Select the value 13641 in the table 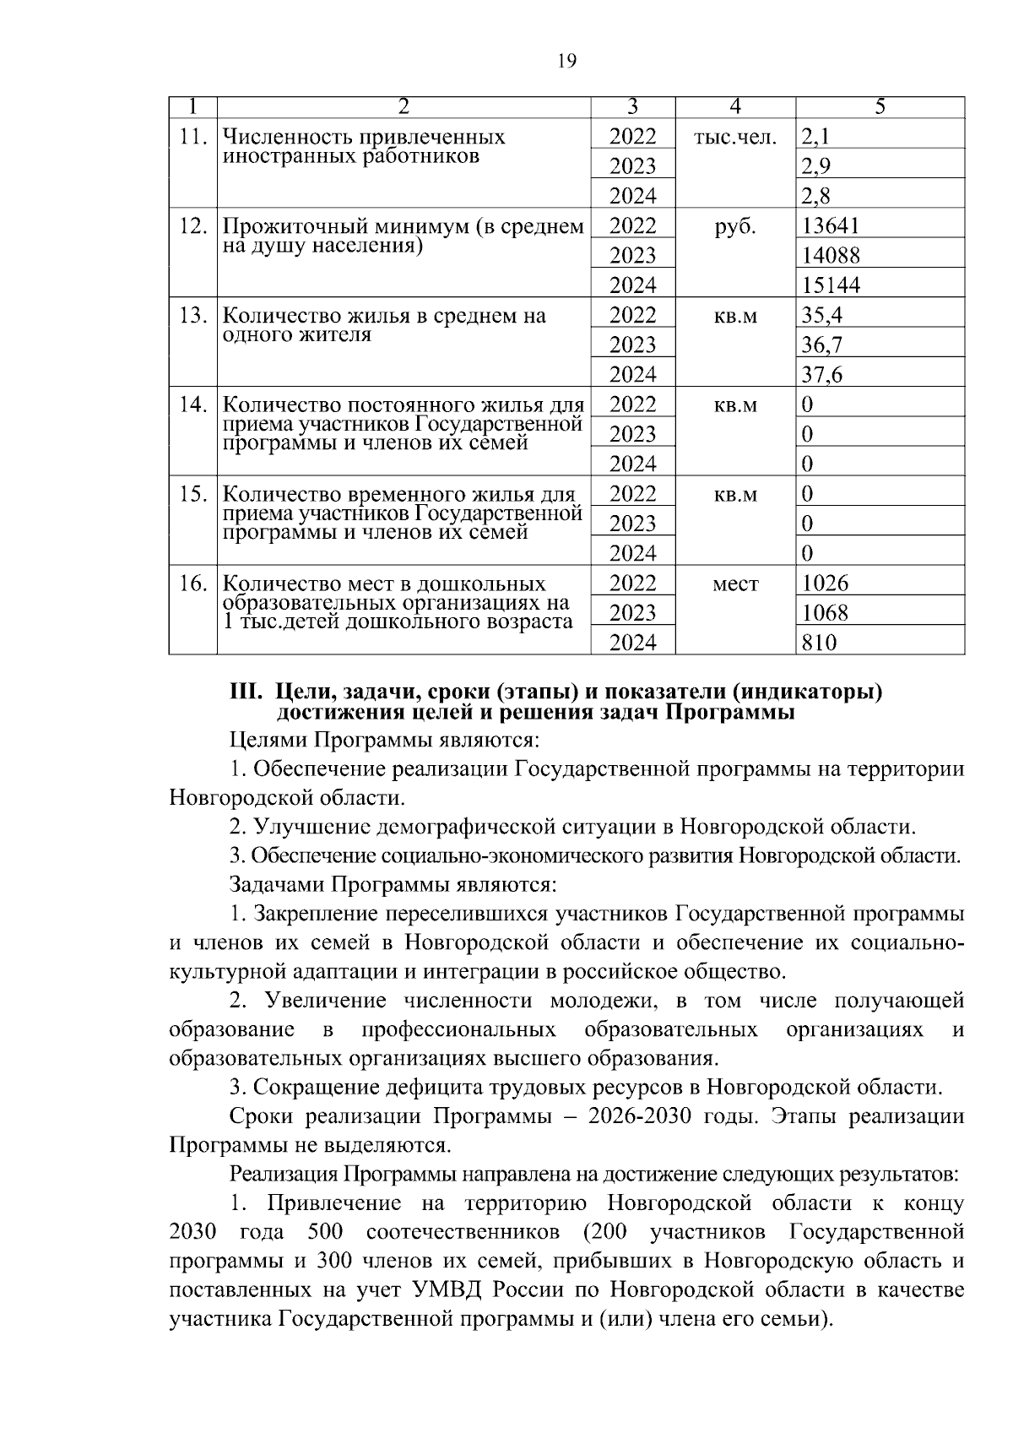830,225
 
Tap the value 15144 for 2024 831,285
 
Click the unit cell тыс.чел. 734,137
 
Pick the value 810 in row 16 819,643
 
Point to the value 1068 825,613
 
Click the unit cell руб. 734,226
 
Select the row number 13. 193,316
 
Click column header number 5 880,107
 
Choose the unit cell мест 734,584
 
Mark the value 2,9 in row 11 816,166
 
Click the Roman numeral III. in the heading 248,692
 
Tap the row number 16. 193,584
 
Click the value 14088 831,256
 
